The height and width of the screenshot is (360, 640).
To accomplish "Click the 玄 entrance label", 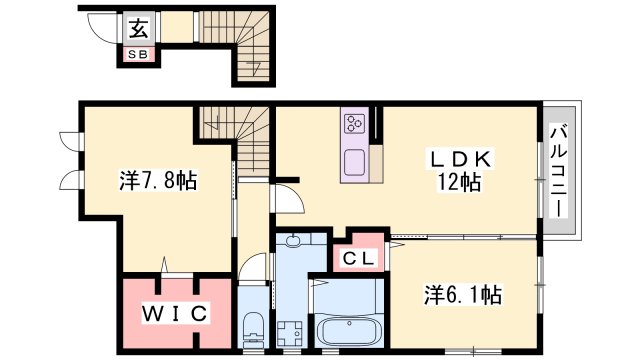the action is click(x=139, y=28).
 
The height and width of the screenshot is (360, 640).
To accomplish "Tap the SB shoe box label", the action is click(x=138, y=54).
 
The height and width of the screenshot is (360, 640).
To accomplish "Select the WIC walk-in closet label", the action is click(x=175, y=313).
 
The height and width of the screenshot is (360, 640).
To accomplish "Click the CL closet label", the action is click(x=358, y=258).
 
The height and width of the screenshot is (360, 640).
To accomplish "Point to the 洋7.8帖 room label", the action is click(x=158, y=180).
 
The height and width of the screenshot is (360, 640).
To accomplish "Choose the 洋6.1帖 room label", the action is click(x=463, y=295).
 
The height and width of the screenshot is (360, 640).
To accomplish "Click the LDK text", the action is click(x=459, y=159).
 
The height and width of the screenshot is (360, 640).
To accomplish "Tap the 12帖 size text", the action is click(x=458, y=182).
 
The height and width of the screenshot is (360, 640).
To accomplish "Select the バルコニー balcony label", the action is click(x=558, y=171).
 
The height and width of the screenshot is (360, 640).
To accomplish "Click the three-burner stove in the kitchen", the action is click(x=354, y=123).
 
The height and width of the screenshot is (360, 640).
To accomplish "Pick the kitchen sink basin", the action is click(x=355, y=162).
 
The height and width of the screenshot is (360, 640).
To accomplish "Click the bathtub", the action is click(x=349, y=331).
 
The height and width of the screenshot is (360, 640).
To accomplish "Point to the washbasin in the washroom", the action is click(x=293, y=240).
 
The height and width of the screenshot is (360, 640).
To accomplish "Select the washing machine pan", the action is click(x=289, y=333).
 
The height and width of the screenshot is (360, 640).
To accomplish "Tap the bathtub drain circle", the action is click(x=349, y=323).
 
